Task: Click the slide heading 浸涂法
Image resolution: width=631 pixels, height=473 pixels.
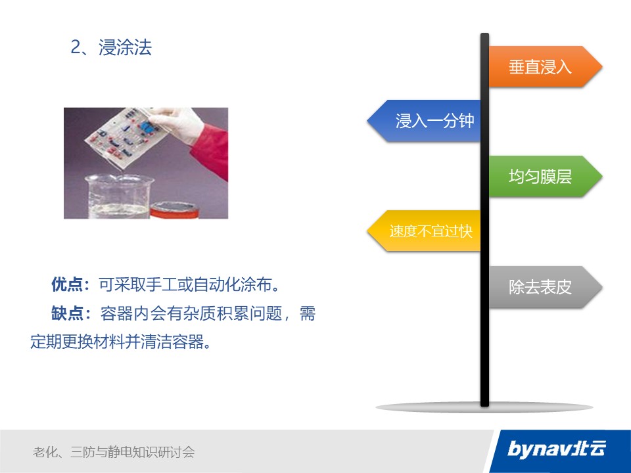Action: [125, 47]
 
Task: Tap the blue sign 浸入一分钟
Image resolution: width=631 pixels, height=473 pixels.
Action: [424, 121]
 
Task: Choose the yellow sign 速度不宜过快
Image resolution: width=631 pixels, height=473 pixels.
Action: [424, 231]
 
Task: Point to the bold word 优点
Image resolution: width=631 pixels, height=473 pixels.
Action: [67, 284]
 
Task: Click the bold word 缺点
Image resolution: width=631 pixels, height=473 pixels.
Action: [67, 313]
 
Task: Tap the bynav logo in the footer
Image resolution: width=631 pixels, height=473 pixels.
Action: [557, 449]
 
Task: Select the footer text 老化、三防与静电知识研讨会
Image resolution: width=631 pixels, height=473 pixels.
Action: [114, 452]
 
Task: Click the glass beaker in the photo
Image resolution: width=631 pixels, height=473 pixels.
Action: [118, 196]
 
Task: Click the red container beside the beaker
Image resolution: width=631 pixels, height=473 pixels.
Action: [175, 210]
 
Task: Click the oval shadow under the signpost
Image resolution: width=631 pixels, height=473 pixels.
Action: [484, 407]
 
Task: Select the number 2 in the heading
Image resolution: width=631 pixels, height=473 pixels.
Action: [76, 47]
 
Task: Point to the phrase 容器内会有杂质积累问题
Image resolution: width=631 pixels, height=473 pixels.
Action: [191, 313]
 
